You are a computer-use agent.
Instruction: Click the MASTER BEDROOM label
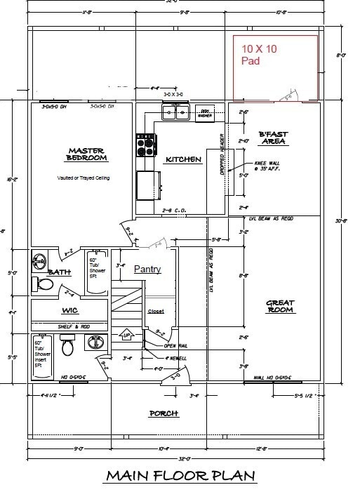click(x=86, y=154)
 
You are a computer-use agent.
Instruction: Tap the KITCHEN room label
click(x=183, y=160)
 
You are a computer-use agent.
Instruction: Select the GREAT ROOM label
click(x=280, y=306)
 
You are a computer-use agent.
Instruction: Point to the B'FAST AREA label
click(x=273, y=138)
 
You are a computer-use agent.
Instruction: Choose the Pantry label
click(x=147, y=269)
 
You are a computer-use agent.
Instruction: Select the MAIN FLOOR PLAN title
click(x=180, y=476)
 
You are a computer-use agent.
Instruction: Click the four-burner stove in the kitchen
click(x=145, y=146)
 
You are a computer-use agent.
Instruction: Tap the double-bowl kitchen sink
click(x=175, y=112)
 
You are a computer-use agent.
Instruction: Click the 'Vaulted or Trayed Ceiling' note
click(x=84, y=178)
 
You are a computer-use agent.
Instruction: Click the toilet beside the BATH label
click(x=44, y=284)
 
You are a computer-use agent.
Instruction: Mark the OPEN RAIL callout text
click(x=175, y=346)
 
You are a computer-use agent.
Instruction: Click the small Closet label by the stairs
click(x=156, y=312)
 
